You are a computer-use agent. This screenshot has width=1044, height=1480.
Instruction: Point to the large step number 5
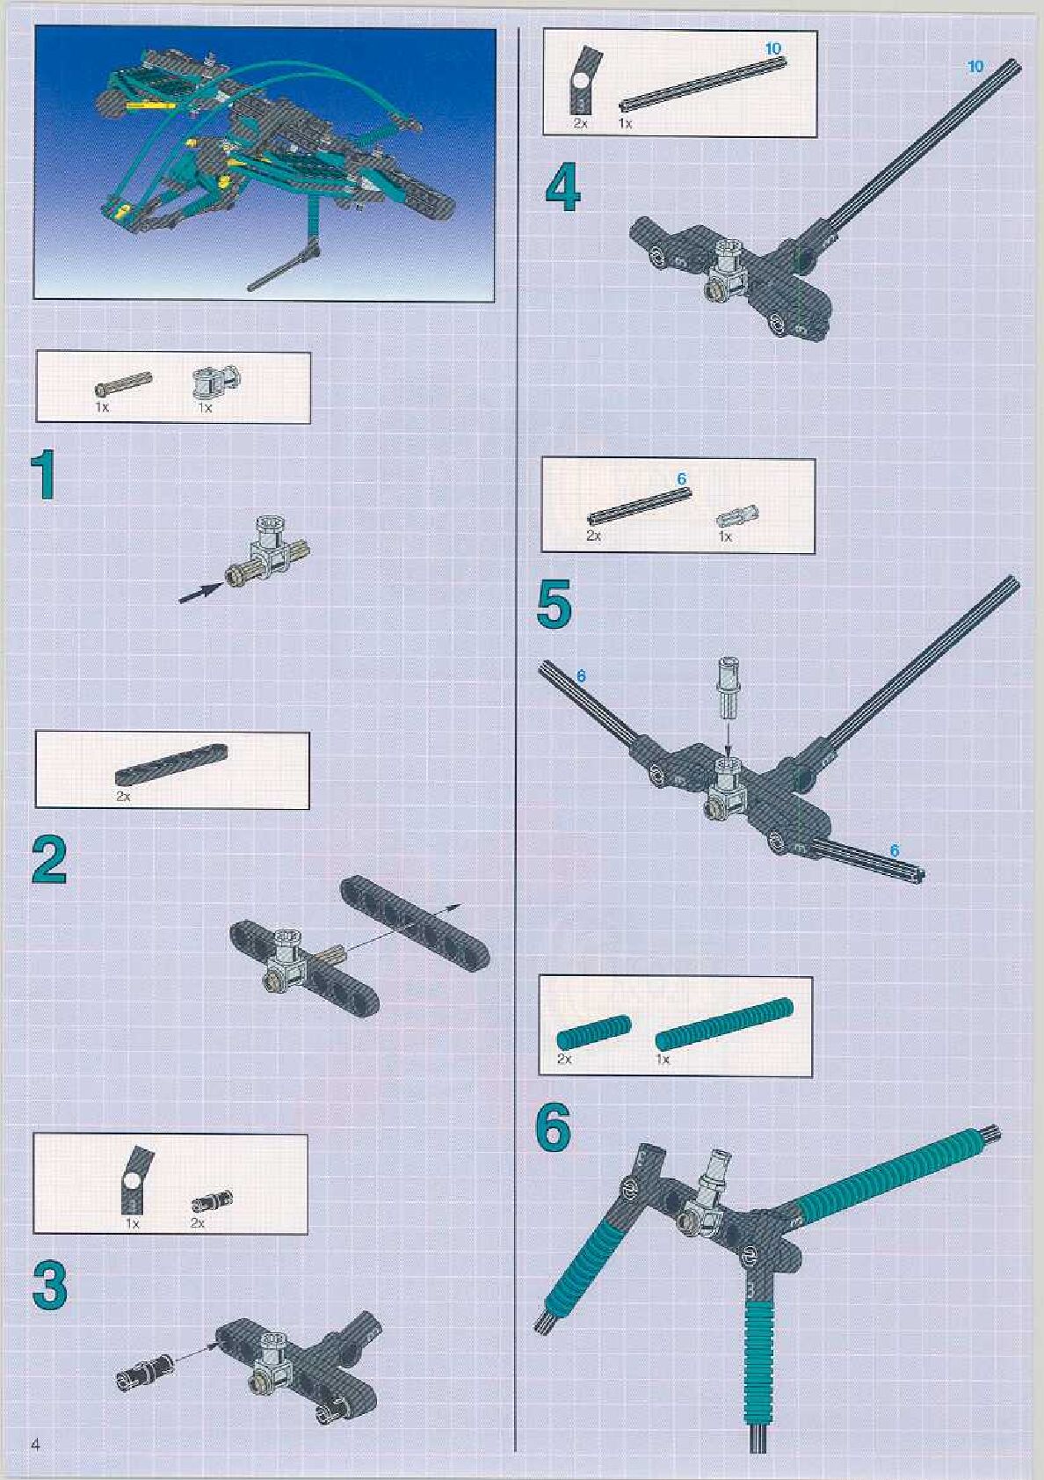(554, 604)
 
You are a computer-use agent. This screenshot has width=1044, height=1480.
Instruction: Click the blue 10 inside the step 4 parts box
(772, 48)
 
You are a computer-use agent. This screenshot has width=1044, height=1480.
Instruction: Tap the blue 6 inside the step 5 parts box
(682, 479)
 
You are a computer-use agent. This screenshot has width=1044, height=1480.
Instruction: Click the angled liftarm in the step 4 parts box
(582, 81)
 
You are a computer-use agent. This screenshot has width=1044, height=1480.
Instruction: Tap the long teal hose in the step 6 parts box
(724, 1024)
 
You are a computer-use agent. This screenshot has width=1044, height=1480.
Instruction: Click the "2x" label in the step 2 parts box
(123, 796)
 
